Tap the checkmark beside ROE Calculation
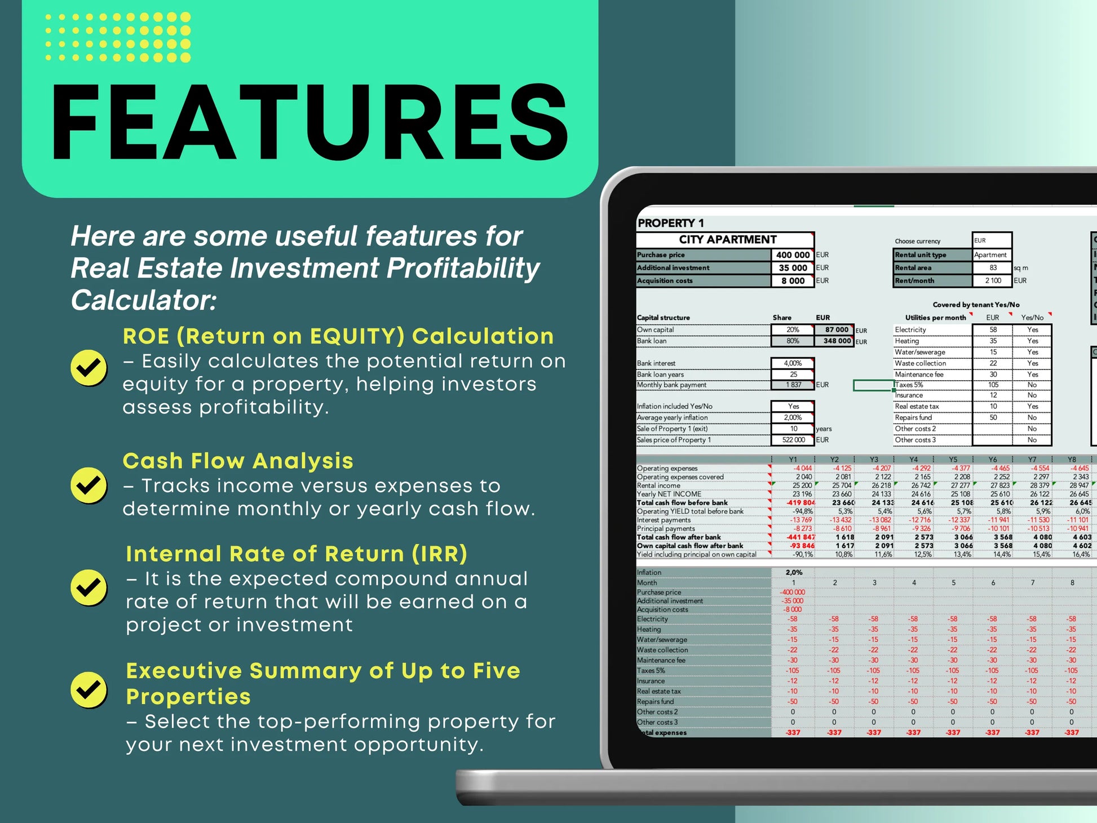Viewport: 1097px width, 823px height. [x=89, y=368]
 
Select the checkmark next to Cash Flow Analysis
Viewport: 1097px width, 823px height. [x=89, y=485]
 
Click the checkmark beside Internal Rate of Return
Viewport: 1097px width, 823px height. [x=89, y=587]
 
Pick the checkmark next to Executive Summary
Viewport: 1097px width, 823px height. [x=89, y=689]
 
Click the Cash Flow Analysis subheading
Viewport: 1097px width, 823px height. [x=238, y=461]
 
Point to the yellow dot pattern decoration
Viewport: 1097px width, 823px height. [x=118, y=37]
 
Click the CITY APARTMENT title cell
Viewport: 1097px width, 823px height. [x=727, y=240]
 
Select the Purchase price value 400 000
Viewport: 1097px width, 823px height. [x=792, y=255]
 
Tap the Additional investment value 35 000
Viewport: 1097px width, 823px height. [x=792, y=268]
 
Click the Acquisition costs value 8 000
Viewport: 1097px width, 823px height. [x=792, y=281]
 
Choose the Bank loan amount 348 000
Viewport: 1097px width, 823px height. [x=836, y=341]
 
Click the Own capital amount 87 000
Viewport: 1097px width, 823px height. [x=836, y=329]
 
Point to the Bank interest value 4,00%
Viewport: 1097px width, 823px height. [x=792, y=363]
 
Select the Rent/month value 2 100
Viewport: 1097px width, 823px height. [x=993, y=280]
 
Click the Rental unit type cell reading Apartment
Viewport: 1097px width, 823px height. [x=990, y=255]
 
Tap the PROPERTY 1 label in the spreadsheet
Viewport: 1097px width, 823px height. [x=671, y=223]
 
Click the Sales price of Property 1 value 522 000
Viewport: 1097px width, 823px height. [x=793, y=440]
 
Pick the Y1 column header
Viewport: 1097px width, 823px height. [x=793, y=459]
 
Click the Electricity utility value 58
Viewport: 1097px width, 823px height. [x=993, y=329]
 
